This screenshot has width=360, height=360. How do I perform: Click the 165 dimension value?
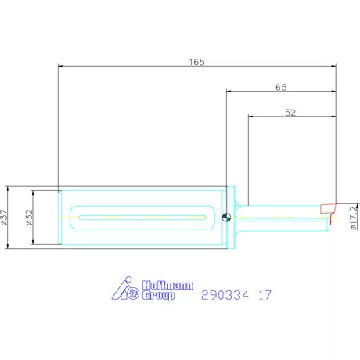tap(197, 62)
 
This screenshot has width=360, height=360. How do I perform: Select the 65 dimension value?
tap(281, 87)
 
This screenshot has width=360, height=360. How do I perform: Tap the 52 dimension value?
tap(290, 113)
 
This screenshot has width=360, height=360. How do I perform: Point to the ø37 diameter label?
tap(4, 217)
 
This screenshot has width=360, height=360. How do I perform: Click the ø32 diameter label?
tap(29, 217)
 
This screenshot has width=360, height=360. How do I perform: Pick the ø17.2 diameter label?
tap(354, 218)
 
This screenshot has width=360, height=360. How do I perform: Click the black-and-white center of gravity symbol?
tap(226, 217)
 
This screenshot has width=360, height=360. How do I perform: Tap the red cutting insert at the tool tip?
tap(328, 211)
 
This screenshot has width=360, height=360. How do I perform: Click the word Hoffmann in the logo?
tap(167, 285)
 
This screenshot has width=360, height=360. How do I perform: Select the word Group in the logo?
tap(159, 296)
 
